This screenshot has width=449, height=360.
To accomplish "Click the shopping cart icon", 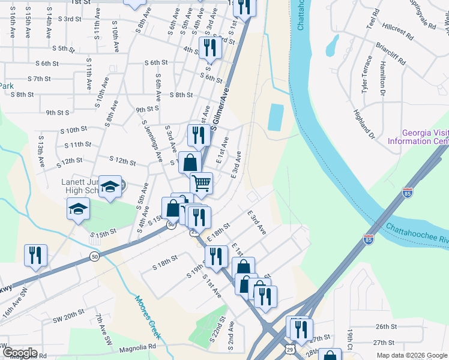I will point(201,182).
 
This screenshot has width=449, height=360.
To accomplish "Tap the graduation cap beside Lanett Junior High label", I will point(110,185).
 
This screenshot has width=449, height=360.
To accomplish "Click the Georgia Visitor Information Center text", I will point(418,137).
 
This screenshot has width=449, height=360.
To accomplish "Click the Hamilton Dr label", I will point(382,77).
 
